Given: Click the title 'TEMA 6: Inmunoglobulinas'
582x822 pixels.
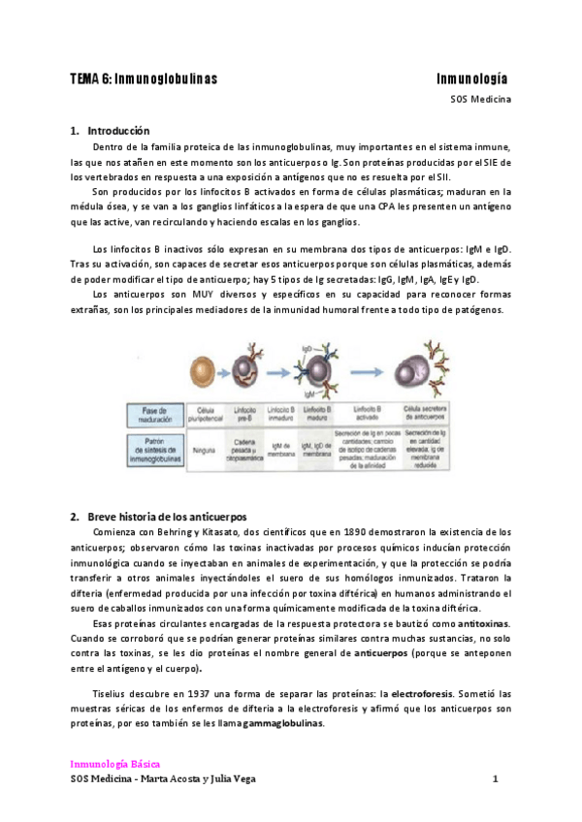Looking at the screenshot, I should pyautogui.click(x=144, y=79).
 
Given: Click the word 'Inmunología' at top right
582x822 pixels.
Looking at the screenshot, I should pyautogui.click(x=472, y=79).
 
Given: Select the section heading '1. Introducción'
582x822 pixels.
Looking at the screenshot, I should pyautogui.click(x=110, y=130).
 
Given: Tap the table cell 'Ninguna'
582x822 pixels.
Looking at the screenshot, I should pyautogui.click(x=204, y=450).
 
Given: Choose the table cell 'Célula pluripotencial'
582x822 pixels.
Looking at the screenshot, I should pyautogui.click(x=205, y=411).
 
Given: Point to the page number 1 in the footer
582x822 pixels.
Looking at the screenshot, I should pyautogui.click(x=495, y=779).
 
